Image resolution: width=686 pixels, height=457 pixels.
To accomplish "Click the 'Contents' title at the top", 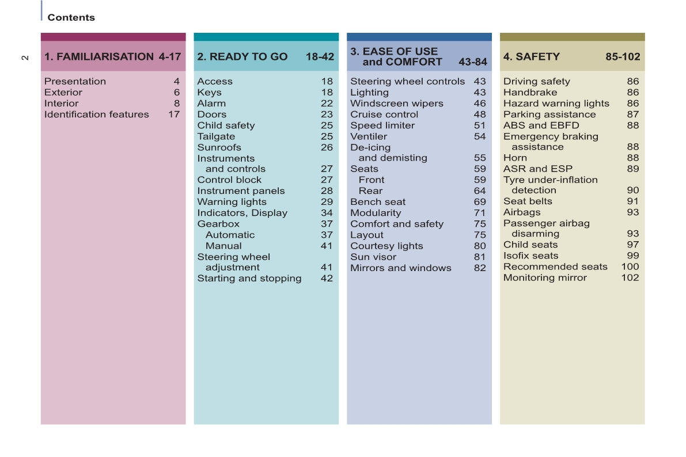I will (71, 18).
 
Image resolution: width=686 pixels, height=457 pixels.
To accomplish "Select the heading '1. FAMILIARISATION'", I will (99, 56).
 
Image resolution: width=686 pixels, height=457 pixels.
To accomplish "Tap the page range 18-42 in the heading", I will (320, 56).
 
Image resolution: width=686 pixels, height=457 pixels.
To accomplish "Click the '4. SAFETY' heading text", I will (531, 56).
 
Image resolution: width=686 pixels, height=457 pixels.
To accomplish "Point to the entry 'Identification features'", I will (96, 115).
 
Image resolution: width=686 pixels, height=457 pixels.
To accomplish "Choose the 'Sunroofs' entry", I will (219, 147).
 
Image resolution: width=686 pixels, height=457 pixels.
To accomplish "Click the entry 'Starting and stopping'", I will (249, 279).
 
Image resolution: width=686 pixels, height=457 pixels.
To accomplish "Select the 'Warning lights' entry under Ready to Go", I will (232, 202).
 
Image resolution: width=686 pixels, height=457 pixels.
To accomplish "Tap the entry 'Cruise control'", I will (384, 115).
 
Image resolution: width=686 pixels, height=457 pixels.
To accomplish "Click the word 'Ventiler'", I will (369, 136).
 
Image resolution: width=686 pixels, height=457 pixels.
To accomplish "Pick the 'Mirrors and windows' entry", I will (400, 268).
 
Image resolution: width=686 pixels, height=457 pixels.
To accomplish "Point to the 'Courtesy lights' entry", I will (386, 246).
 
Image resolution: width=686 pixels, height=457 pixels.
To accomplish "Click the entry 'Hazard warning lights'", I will (556, 104).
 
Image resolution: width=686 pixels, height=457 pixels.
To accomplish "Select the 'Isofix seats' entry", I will (530, 256).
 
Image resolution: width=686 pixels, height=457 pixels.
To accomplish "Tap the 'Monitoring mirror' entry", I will (545, 277).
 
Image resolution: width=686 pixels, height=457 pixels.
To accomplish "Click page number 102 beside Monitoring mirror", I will (630, 277).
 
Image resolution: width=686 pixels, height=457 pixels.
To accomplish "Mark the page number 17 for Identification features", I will (174, 115).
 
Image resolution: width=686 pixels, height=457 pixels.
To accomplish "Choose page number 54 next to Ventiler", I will (480, 136).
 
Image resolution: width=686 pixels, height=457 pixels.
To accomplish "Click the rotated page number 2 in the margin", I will (25, 58).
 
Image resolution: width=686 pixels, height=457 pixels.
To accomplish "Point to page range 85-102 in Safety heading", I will (623, 56).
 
